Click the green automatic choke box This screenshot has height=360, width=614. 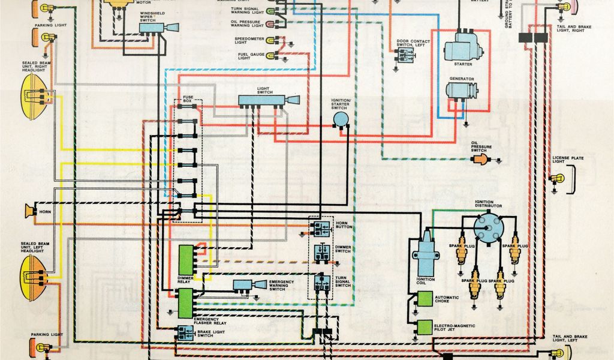coord(425,299)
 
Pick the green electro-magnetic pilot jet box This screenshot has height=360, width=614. coord(425,327)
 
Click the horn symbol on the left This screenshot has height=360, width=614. coord(28,211)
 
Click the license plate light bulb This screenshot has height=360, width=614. coord(555,179)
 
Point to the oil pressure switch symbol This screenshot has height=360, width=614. coord(481,158)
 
